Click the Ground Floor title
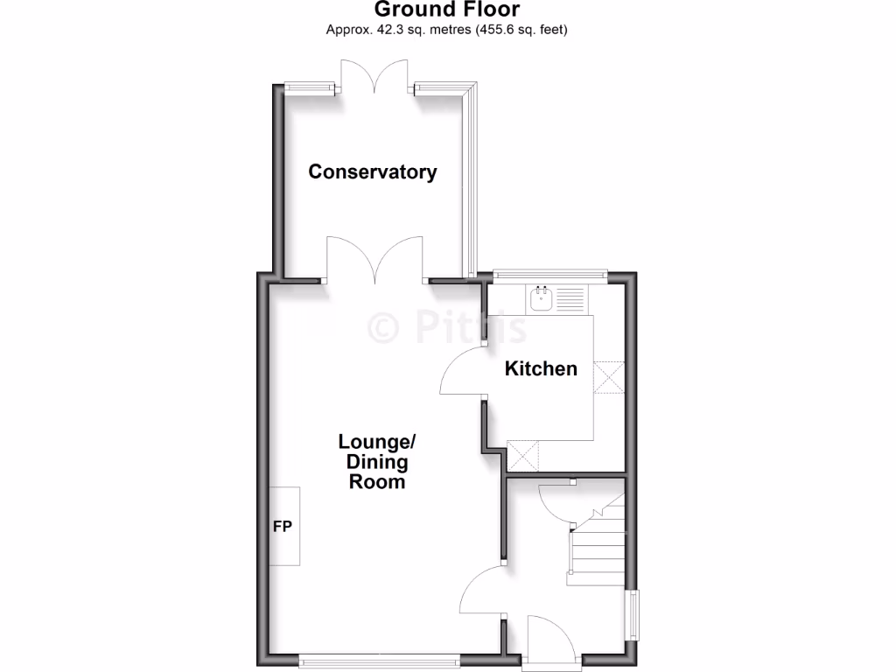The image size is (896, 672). (447, 10)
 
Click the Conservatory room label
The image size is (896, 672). (372, 171)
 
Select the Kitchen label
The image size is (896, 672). (541, 368)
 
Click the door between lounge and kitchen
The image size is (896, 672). (462, 371)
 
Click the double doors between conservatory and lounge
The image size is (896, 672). (376, 260)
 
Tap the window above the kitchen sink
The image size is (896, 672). (549, 275)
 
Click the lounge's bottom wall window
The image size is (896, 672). (378, 660)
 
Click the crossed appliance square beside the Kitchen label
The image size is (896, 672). (608, 377)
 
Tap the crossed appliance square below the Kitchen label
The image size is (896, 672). (523, 455)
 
